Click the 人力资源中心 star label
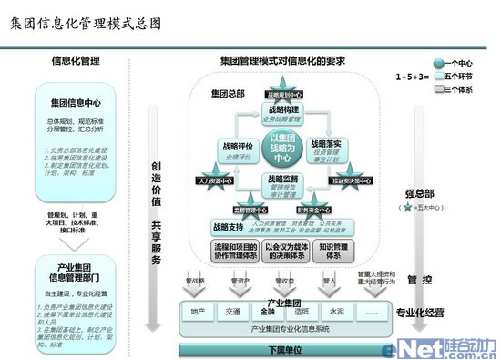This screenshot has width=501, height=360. pyautogui.click(x=210, y=180)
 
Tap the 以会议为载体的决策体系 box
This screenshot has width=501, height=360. pyautogui.click(x=281, y=251)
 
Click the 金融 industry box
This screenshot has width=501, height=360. pyautogui.click(x=267, y=311)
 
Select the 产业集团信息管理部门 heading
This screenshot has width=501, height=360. pyautogui.click(x=77, y=273)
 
